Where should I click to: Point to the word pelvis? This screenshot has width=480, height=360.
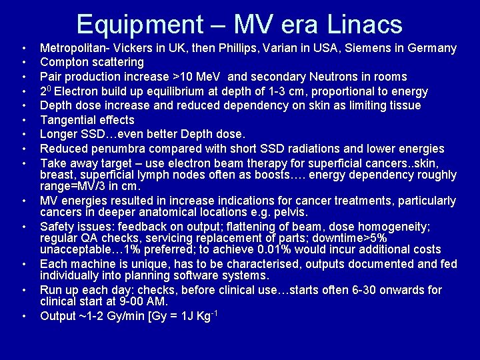click(290, 213)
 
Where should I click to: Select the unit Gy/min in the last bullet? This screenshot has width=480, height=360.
click(125, 316)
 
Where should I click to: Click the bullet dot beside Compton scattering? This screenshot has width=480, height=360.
click(23, 63)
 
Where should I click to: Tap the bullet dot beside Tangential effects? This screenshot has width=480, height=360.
click(23, 121)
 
